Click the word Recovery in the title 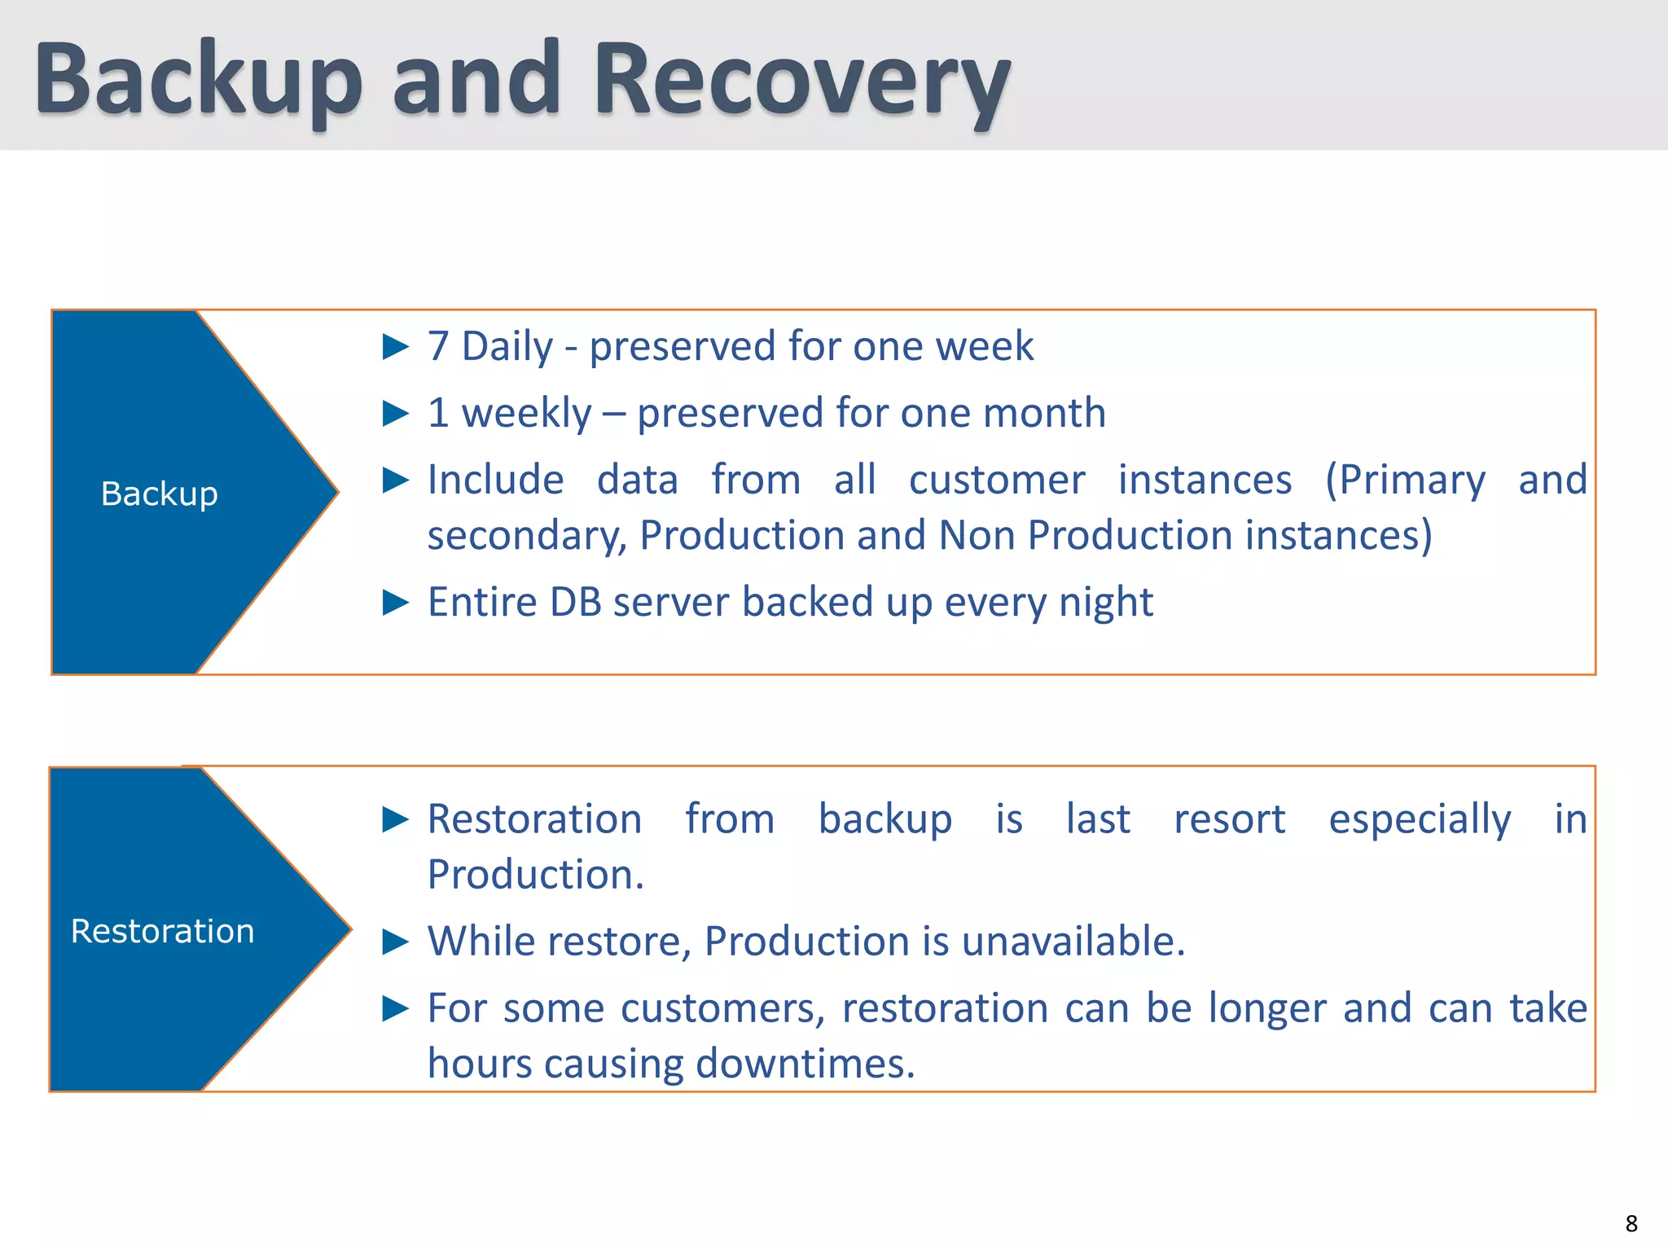click(802, 81)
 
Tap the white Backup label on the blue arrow click(160, 494)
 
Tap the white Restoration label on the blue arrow click(163, 931)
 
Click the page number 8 click(1631, 1223)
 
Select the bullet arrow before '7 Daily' click(396, 347)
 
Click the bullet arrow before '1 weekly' click(396, 414)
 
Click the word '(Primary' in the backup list click(1405, 481)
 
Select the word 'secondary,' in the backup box click(526, 537)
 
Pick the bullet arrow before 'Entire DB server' click(396, 603)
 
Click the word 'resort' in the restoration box click(1229, 819)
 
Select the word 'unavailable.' click(1073, 942)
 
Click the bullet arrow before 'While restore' click(396, 942)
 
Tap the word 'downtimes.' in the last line click(805, 1064)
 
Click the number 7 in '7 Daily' click(438, 347)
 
